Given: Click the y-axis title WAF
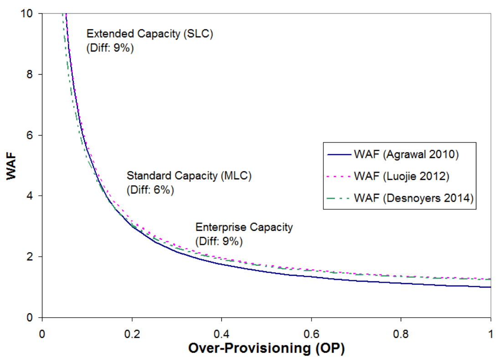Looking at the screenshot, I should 12,166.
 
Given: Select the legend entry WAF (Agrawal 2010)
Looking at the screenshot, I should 406,154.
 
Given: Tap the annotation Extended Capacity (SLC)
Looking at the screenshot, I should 150,34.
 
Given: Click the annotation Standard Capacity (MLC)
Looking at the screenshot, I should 189,175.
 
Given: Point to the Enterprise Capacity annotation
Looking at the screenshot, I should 244,227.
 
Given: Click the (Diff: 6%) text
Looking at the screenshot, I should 150,190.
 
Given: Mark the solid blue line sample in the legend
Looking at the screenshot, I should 339,154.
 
